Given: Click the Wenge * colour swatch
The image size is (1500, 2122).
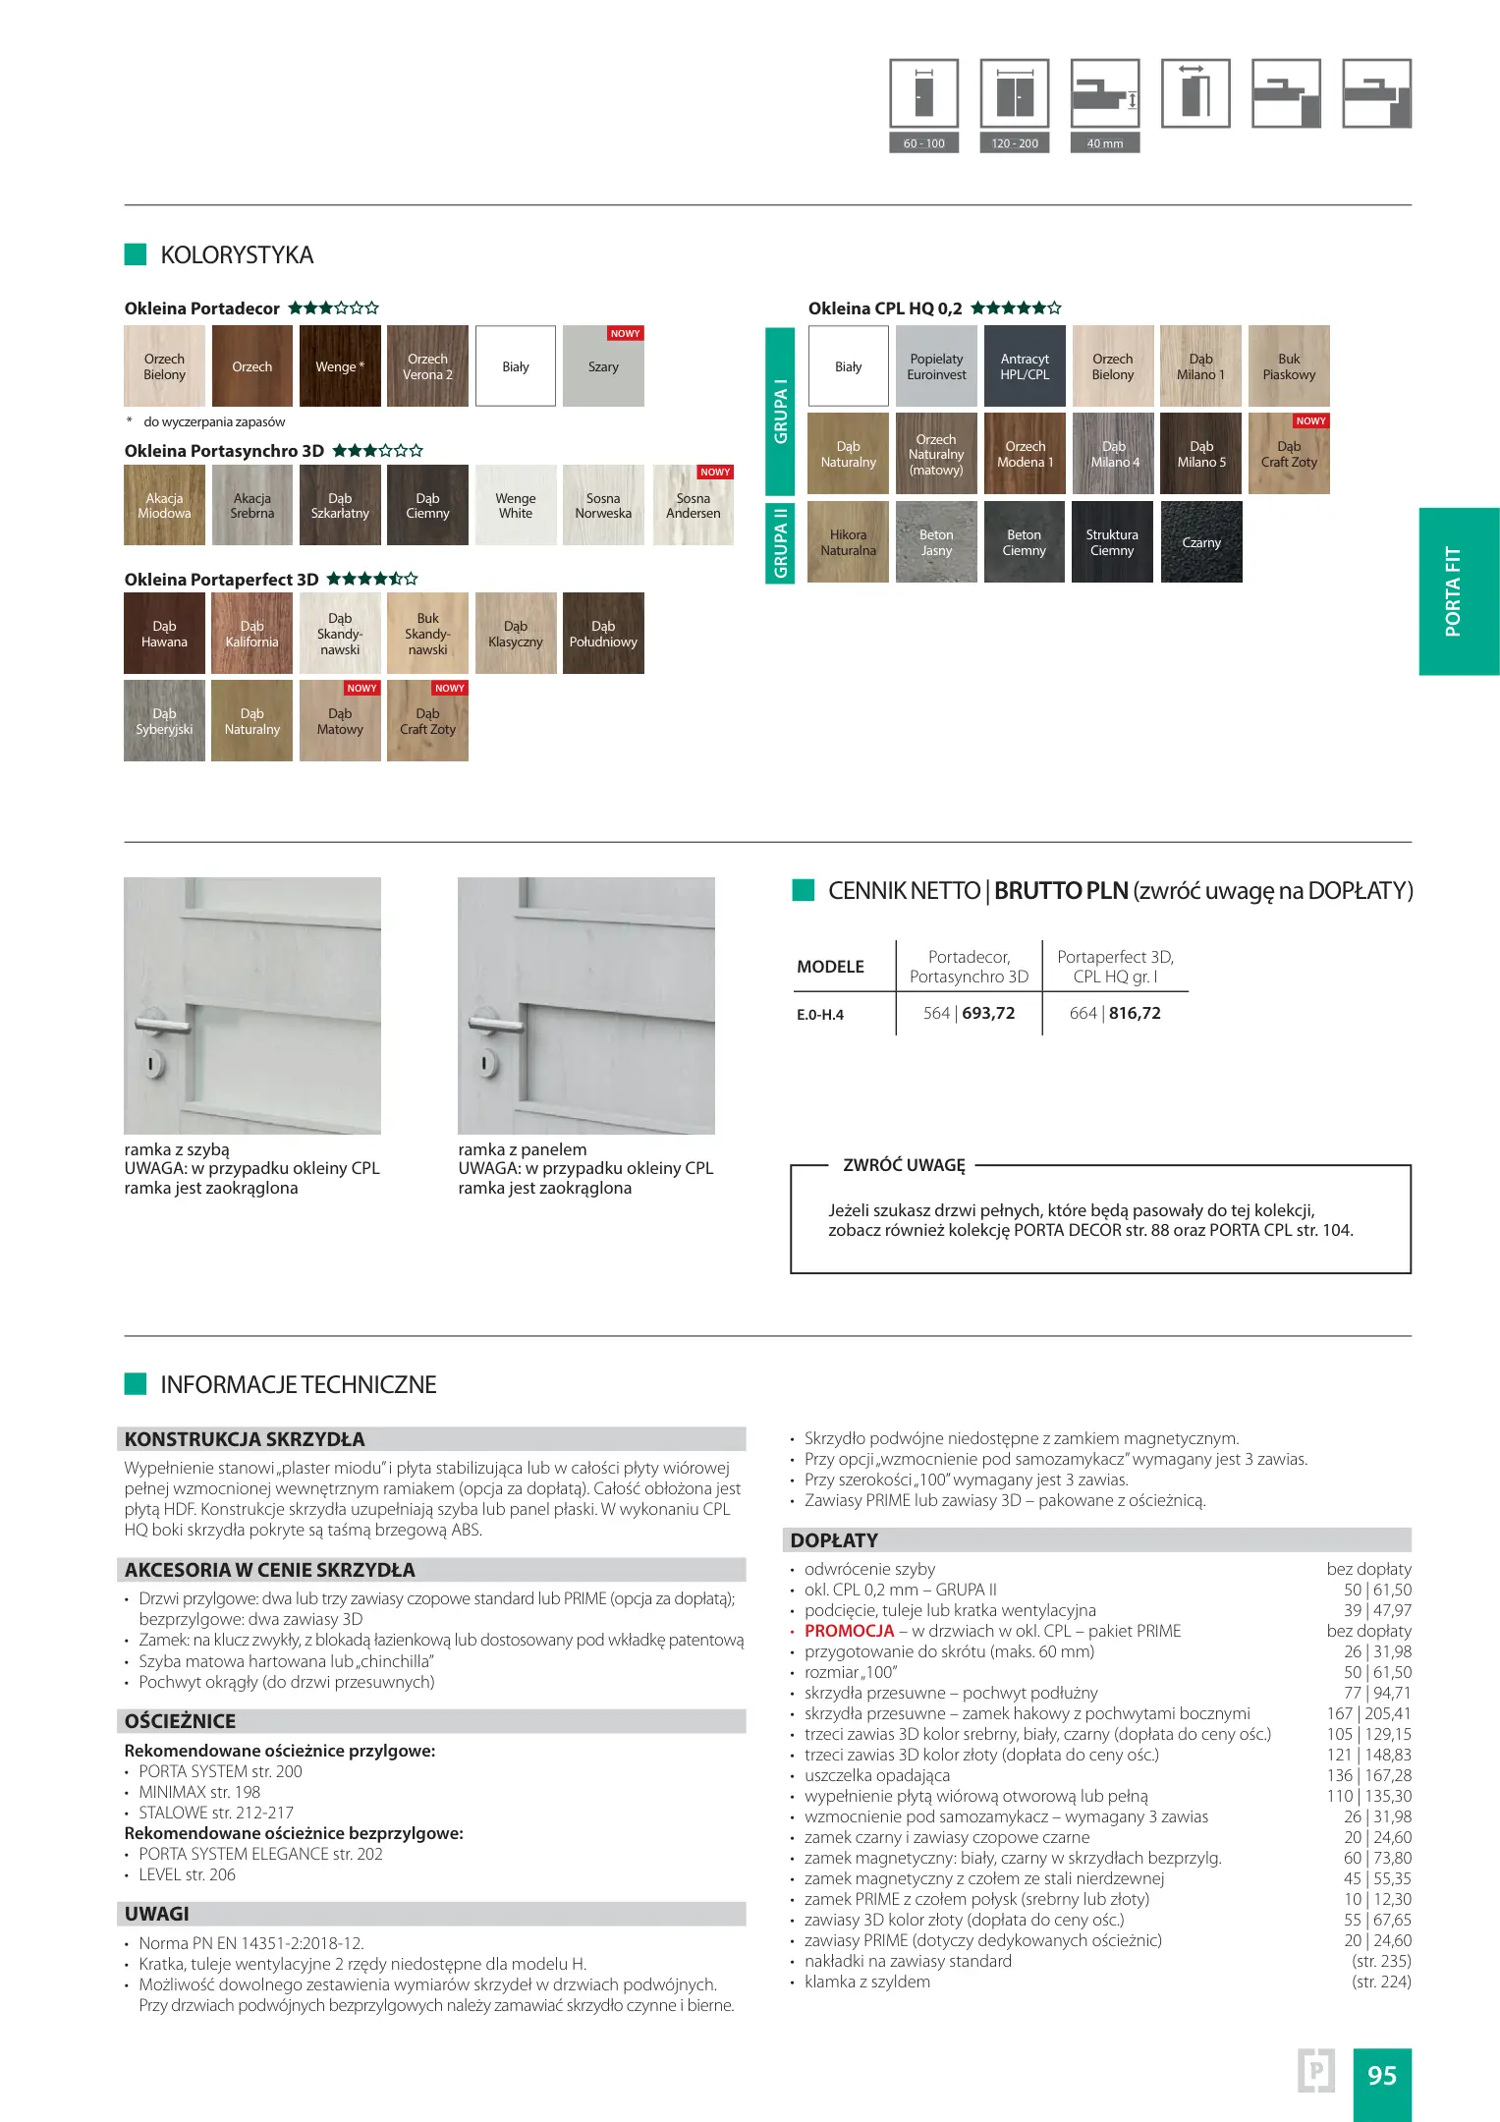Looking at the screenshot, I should click(340, 366).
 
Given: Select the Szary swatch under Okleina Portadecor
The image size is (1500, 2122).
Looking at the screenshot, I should click(603, 366).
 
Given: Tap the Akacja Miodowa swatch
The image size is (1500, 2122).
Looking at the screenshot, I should click(164, 505).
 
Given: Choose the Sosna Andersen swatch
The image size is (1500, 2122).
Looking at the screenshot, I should click(693, 505).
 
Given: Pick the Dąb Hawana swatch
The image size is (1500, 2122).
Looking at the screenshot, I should click(164, 634).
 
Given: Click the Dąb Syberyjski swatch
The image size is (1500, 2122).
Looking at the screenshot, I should click(164, 721).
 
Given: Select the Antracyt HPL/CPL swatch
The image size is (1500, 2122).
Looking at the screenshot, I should click(1025, 366).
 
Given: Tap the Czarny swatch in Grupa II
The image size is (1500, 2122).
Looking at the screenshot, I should click(1201, 542).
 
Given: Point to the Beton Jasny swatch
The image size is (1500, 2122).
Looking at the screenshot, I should click(936, 542).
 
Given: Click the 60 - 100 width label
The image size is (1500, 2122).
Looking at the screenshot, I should click(923, 143).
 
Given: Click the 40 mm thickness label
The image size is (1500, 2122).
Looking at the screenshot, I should click(1105, 143).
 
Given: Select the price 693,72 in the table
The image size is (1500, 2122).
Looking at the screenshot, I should click(988, 1013).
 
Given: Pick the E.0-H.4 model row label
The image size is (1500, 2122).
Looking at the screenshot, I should click(820, 1015).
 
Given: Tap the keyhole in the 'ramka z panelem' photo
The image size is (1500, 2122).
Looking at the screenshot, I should click(484, 1063).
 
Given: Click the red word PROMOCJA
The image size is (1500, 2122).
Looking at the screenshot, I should click(849, 1631).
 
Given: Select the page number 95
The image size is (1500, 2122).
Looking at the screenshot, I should click(1381, 2075).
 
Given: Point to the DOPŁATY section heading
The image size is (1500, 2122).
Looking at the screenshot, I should click(834, 1540).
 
